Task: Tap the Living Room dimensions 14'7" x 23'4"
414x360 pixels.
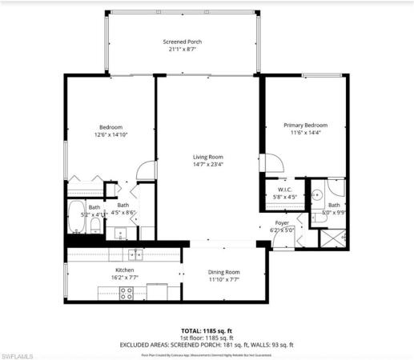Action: coord(207,165)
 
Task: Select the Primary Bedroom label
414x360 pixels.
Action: coord(305,125)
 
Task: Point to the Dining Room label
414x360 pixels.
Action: coord(223,272)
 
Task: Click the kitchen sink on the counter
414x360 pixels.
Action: coord(136,254)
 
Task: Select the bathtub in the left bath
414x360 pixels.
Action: coord(78,214)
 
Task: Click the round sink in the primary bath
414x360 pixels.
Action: coord(319,194)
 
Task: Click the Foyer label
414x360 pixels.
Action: coord(282,222)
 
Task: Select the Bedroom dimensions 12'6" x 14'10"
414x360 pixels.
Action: coord(111,135)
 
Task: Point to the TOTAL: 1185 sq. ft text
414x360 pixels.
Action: coord(207,329)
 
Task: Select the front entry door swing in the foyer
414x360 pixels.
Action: coord(269,238)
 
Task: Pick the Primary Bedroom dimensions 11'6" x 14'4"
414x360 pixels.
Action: coord(305,133)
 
